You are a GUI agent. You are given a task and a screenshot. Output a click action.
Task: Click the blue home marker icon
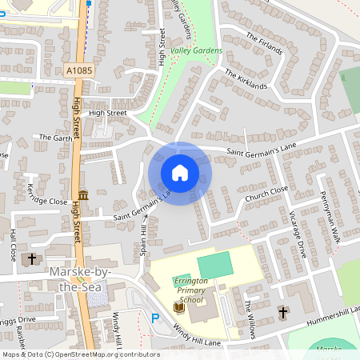point(179,173)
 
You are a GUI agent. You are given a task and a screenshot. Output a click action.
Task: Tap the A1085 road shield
point(79,71)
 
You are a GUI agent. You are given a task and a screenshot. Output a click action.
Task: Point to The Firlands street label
point(265,43)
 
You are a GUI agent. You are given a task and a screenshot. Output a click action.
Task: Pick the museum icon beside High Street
point(83,195)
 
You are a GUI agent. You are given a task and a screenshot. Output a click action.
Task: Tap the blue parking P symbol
point(155,318)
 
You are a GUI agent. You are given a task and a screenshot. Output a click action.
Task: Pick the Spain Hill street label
point(142,240)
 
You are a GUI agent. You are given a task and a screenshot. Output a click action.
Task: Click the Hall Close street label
point(13,245)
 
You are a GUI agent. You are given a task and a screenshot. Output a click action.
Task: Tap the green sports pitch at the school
point(213,264)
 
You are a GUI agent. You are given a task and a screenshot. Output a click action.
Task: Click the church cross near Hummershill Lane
point(282,311)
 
